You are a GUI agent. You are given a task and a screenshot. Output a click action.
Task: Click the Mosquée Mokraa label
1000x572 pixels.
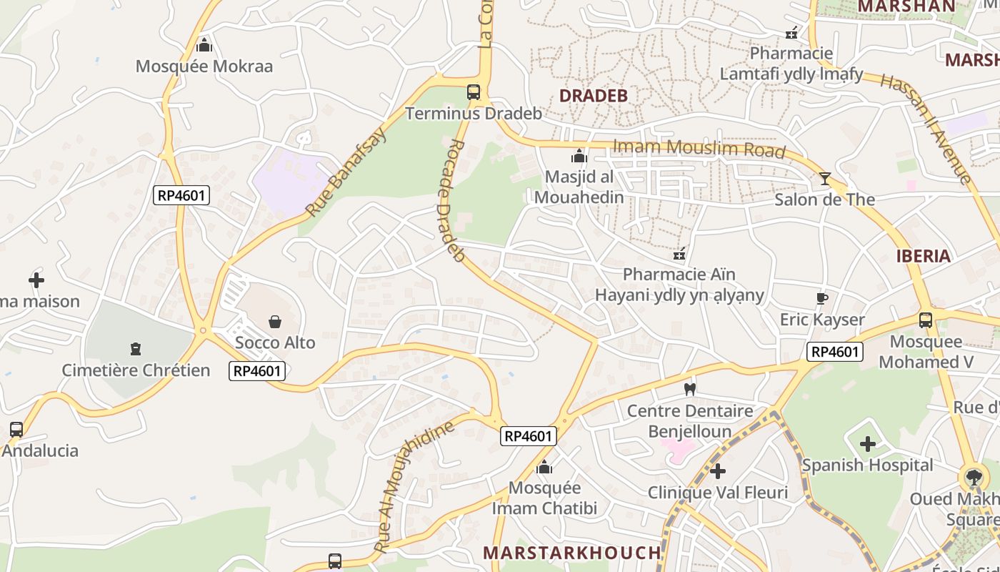click(204, 66)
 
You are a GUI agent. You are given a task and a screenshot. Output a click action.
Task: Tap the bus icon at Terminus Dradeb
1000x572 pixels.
click(473, 92)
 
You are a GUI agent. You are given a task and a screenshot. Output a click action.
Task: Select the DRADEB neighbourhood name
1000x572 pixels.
click(593, 96)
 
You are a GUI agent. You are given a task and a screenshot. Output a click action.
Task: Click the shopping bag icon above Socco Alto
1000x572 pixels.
click(275, 322)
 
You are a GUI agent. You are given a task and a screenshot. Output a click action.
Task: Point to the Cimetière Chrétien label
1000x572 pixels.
click(136, 370)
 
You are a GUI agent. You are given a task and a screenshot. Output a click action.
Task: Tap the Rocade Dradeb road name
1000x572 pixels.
click(449, 200)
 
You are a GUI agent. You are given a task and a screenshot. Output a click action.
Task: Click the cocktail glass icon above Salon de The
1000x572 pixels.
click(825, 178)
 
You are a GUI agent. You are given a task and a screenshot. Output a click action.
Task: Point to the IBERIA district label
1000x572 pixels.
click(924, 256)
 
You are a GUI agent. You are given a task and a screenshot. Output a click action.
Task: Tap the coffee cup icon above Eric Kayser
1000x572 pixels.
click(822, 298)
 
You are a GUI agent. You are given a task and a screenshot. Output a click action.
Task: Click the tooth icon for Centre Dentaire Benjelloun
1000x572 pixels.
click(689, 390)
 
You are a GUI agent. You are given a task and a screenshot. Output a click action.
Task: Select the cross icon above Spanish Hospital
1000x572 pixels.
click(867, 444)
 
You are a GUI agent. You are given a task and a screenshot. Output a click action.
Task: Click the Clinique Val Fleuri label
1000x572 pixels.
click(717, 493)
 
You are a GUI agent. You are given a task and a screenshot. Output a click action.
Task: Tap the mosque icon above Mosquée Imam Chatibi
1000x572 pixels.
click(544, 467)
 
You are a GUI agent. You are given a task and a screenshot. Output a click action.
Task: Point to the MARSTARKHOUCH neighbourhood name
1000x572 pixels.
click(571, 553)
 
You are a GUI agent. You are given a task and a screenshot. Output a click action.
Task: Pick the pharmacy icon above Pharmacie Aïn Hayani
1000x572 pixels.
click(679, 253)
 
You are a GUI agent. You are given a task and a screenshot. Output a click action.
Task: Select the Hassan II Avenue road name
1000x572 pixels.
click(926, 129)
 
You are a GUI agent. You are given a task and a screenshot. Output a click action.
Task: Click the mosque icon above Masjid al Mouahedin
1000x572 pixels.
click(579, 156)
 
